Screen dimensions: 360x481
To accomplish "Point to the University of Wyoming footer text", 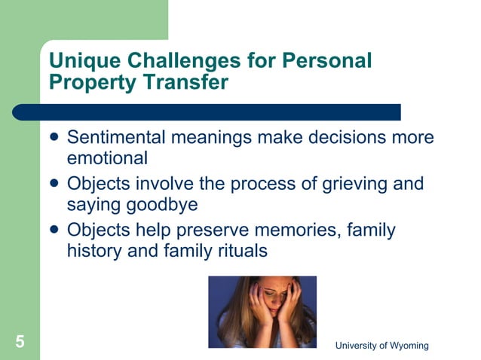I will coord(381,345).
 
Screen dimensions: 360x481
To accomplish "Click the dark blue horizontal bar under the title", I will coord(219,112).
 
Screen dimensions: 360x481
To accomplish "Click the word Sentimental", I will coord(116,139).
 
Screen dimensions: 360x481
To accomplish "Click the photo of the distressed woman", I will coord(262,311).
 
